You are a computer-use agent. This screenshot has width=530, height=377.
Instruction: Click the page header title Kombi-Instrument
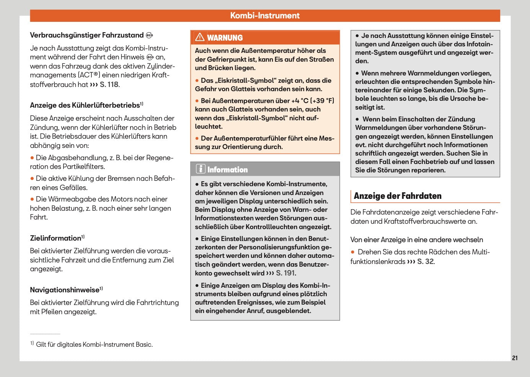click(265, 16)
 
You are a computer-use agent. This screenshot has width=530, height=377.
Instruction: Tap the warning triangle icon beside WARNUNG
click(200, 37)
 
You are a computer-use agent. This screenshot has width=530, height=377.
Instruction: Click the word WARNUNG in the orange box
click(225, 38)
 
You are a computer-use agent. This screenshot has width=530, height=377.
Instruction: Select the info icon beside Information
click(201, 169)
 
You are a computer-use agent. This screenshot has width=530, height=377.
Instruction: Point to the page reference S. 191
click(285, 273)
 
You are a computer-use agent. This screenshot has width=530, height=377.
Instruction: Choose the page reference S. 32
click(425, 262)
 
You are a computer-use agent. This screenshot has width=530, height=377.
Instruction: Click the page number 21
click(515, 358)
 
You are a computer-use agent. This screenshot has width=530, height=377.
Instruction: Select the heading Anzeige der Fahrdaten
click(398, 196)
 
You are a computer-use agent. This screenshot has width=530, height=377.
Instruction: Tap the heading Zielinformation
click(55, 238)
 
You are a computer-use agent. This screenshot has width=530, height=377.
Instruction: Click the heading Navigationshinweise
click(65, 290)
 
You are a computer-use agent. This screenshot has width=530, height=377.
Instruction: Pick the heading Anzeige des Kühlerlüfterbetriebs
click(85, 105)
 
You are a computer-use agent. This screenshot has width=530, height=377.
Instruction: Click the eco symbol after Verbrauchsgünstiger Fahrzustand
click(149, 35)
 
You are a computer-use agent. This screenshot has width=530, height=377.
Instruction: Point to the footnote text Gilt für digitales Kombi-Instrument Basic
click(94, 344)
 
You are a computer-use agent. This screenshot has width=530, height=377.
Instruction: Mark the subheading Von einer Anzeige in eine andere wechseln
click(417, 240)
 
